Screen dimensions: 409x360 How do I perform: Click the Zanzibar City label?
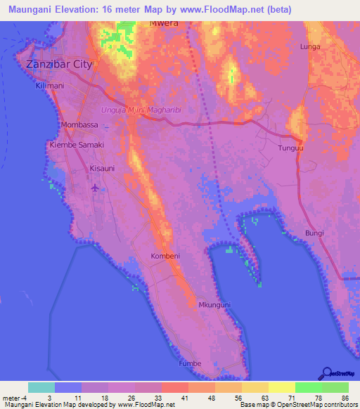pos(59,64)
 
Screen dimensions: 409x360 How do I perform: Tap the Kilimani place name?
pos(50,85)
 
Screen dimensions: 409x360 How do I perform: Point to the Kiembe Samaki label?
pos(76,145)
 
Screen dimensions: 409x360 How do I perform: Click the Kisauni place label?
pos(102,169)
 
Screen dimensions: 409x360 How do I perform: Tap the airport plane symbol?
pos(96,187)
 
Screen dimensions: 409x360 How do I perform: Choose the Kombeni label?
pos(165,257)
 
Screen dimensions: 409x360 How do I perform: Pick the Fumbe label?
pos(189,363)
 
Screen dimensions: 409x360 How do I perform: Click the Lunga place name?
pos(310,46)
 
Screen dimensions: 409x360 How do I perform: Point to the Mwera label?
pos(164,22)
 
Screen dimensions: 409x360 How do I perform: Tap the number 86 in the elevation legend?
pos(345,398)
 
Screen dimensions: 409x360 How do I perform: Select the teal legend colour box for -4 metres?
pos(41,387)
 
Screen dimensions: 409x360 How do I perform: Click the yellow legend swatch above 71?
pos(281,387)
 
